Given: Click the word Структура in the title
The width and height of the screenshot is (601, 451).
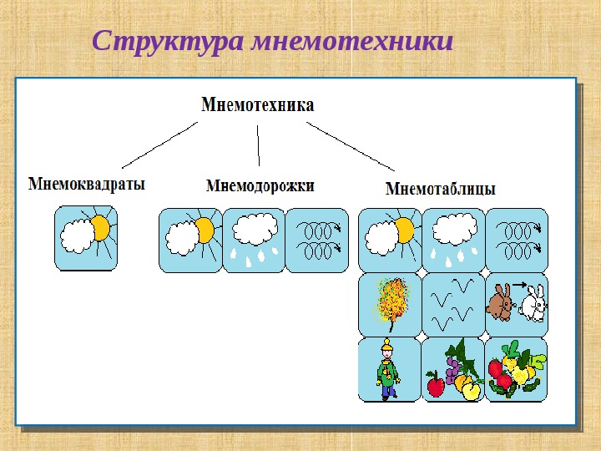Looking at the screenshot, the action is click(168, 42).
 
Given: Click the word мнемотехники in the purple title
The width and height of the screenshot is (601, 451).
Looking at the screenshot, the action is click(352, 41).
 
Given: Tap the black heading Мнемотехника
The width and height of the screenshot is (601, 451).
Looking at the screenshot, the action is click(258, 104).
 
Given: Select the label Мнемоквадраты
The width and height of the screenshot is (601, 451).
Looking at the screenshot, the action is click(87, 184).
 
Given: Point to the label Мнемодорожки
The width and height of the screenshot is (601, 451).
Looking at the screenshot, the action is click(260, 186).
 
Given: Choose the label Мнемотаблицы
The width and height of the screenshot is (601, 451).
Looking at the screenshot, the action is click(441, 189).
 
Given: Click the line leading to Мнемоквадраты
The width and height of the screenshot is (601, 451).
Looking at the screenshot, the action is click(159, 145).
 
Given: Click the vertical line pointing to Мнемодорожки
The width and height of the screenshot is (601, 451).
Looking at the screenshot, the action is click(258, 145).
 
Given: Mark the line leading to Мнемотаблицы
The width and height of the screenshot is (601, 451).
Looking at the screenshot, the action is click(351, 146).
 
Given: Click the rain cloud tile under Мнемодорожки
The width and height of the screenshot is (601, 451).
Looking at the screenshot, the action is click(254, 241).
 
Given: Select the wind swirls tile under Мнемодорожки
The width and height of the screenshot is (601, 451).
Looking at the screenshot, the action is click(317, 241).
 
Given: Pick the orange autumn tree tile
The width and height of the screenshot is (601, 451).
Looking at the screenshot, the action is click(390, 305).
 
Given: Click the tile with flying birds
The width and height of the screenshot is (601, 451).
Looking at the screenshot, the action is click(453, 305).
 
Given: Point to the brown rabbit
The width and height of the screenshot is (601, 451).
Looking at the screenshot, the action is click(501, 302).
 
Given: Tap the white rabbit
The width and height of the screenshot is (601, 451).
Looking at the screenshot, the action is click(533, 303).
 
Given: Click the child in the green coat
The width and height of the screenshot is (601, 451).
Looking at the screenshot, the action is click(388, 370).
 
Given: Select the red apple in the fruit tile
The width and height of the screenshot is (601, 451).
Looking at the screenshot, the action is click(436, 385).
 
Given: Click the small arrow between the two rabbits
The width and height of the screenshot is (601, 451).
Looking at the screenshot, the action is click(520, 285).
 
